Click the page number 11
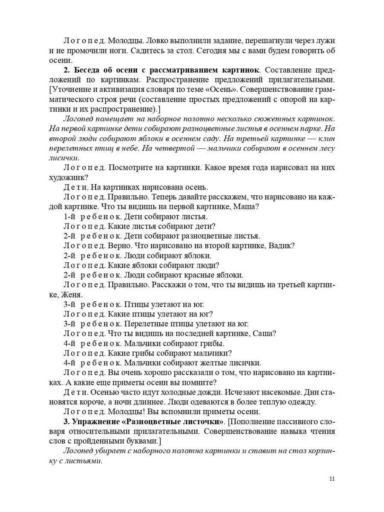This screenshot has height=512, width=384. click(x=332, y=478)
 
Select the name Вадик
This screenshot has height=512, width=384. click(x=282, y=245)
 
